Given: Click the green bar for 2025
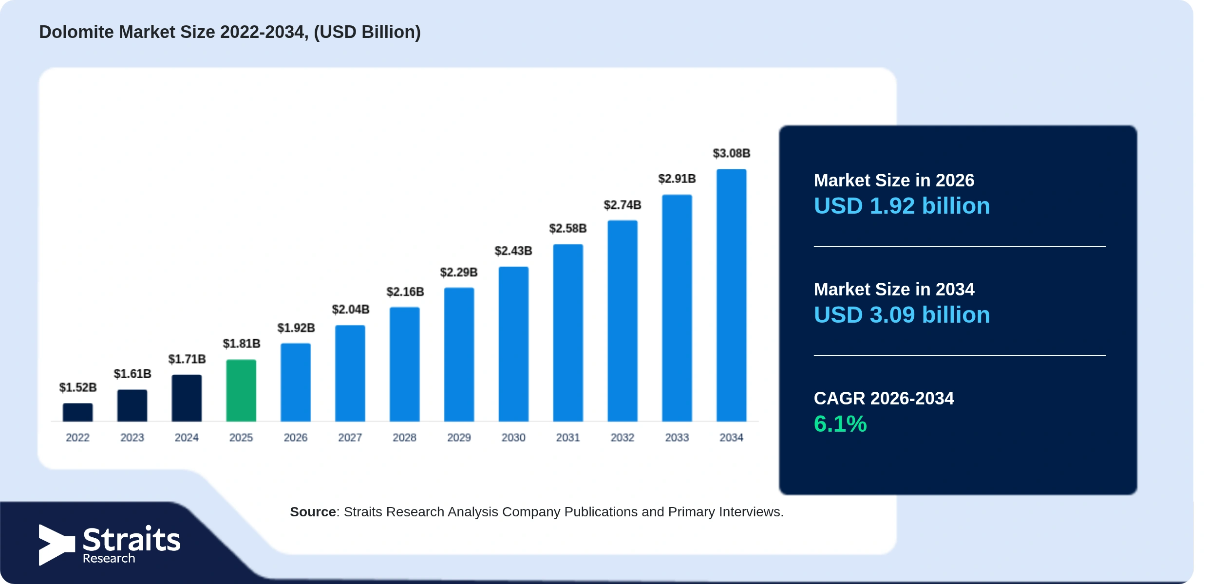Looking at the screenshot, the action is [241, 390].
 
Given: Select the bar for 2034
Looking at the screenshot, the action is [731, 295].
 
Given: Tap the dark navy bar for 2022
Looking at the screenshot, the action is [77, 412].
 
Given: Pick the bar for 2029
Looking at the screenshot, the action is [459, 354].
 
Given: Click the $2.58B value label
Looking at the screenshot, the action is [568, 228].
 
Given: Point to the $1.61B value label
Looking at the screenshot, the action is [132, 374].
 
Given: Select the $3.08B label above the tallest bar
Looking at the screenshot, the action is [732, 153].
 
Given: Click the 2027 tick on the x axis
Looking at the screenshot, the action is [350, 438].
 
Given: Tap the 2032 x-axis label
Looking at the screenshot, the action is [623, 438].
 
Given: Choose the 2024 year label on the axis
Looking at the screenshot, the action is [187, 438].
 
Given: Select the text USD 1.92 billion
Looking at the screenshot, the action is [902, 206].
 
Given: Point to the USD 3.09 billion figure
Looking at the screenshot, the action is [902, 315].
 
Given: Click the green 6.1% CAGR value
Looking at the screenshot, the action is [840, 424].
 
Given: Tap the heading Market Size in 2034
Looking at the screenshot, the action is [894, 290].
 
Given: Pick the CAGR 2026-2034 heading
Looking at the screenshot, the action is [884, 399].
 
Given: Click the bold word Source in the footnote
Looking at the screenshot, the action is [313, 512].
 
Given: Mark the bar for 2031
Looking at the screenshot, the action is [568, 333].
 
